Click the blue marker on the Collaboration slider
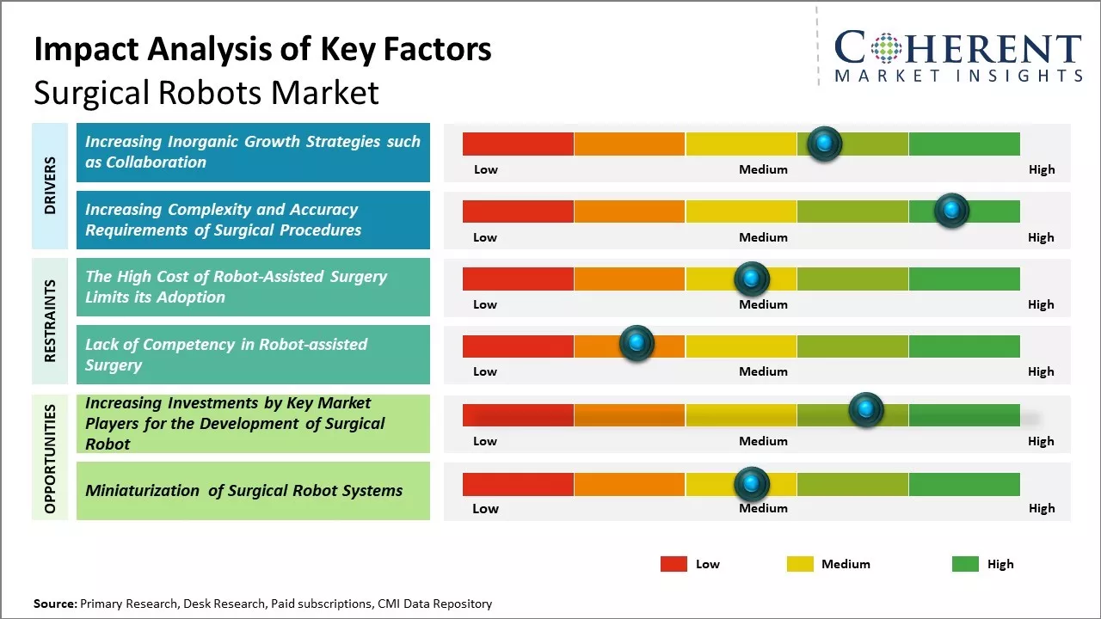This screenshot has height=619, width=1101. (825, 144)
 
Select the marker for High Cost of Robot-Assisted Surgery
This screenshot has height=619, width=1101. (752, 279)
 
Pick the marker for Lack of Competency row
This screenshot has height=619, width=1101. (637, 344)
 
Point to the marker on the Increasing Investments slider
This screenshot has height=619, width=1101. (866, 410)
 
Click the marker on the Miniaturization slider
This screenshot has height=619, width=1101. (752, 485)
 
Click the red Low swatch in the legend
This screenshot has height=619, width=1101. (674, 564)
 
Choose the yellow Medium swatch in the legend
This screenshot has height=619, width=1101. (800, 564)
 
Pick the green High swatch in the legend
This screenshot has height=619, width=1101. (965, 564)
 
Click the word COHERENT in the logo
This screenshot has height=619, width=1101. (958, 48)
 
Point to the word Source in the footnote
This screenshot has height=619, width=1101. (54, 604)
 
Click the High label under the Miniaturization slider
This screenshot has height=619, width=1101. (1041, 508)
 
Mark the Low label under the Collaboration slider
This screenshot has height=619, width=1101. (486, 169)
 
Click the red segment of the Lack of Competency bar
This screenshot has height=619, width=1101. (518, 346)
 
